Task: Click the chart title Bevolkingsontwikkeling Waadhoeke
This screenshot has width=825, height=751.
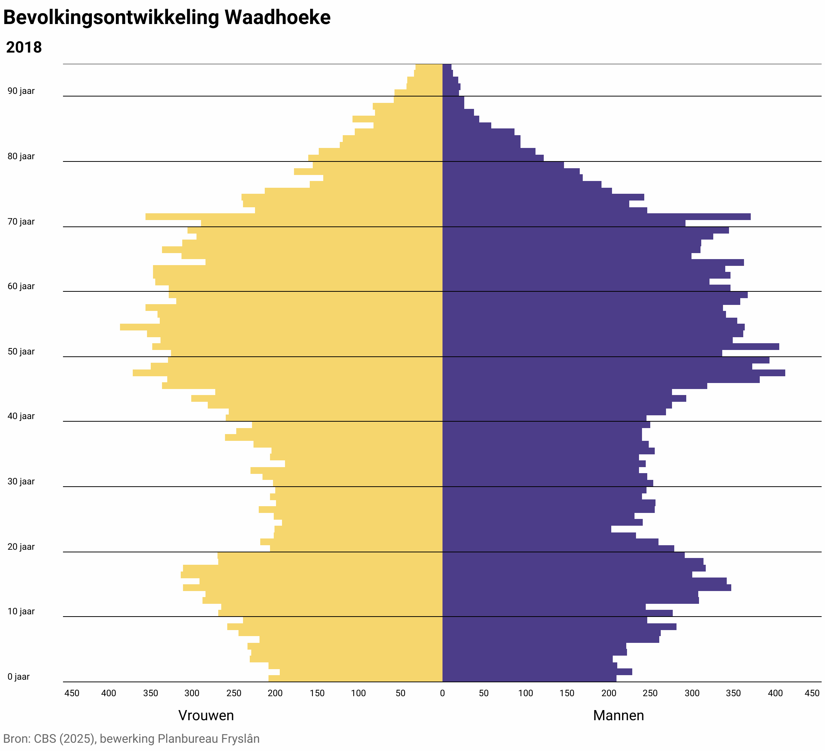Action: (x=167, y=18)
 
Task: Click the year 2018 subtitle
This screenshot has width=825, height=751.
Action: (x=24, y=48)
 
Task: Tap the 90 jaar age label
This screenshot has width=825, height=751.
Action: (x=21, y=91)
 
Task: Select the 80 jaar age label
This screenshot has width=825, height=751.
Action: (x=21, y=156)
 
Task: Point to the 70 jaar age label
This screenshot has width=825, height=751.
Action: (x=21, y=222)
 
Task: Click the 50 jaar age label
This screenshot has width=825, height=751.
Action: (x=21, y=351)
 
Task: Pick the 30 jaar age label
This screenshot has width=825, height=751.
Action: (x=21, y=481)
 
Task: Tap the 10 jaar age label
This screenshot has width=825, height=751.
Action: (x=21, y=611)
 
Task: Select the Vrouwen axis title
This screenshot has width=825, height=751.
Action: (x=206, y=715)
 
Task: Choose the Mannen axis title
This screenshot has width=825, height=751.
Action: (x=618, y=715)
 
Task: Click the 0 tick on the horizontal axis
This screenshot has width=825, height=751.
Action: (x=442, y=693)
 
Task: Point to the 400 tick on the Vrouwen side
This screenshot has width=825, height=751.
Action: (x=108, y=693)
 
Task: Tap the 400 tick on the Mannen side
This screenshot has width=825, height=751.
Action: (x=775, y=693)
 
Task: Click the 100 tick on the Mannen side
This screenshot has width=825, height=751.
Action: (x=525, y=693)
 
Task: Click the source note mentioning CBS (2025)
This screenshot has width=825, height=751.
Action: (x=131, y=739)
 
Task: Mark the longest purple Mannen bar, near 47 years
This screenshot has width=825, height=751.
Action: (x=614, y=373)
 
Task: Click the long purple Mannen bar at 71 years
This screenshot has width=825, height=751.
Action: (x=597, y=217)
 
